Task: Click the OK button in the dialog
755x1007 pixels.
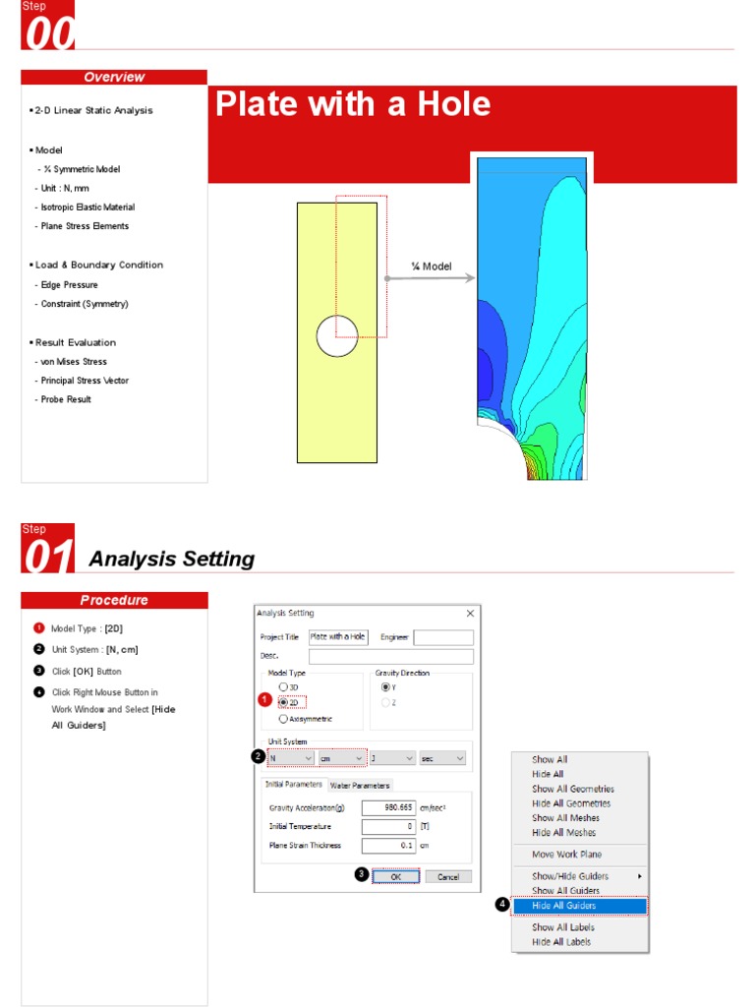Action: point(395,876)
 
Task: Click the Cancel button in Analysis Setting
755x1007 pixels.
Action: point(447,876)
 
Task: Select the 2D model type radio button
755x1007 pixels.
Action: point(284,702)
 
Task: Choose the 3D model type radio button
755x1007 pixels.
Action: point(284,686)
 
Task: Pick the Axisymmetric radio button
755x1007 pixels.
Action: point(284,719)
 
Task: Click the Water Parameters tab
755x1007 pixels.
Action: point(360,785)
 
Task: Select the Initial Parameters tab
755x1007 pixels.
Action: point(294,784)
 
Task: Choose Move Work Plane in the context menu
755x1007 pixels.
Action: point(566,855)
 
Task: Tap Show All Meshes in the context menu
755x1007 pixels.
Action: point(565,818)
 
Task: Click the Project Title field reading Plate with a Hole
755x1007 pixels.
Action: point(338,637)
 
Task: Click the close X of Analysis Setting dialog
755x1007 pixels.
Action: point(470,614)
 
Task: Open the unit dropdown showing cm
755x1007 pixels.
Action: point(341,758)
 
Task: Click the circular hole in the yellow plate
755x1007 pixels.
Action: point(337,336)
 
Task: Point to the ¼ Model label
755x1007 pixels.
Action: point(431,267)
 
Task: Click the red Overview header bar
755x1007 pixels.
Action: point(114,78)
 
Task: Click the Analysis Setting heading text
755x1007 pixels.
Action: point(171,560)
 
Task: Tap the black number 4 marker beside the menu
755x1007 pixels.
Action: point(501,905)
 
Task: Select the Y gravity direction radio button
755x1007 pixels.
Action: point(385,686)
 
